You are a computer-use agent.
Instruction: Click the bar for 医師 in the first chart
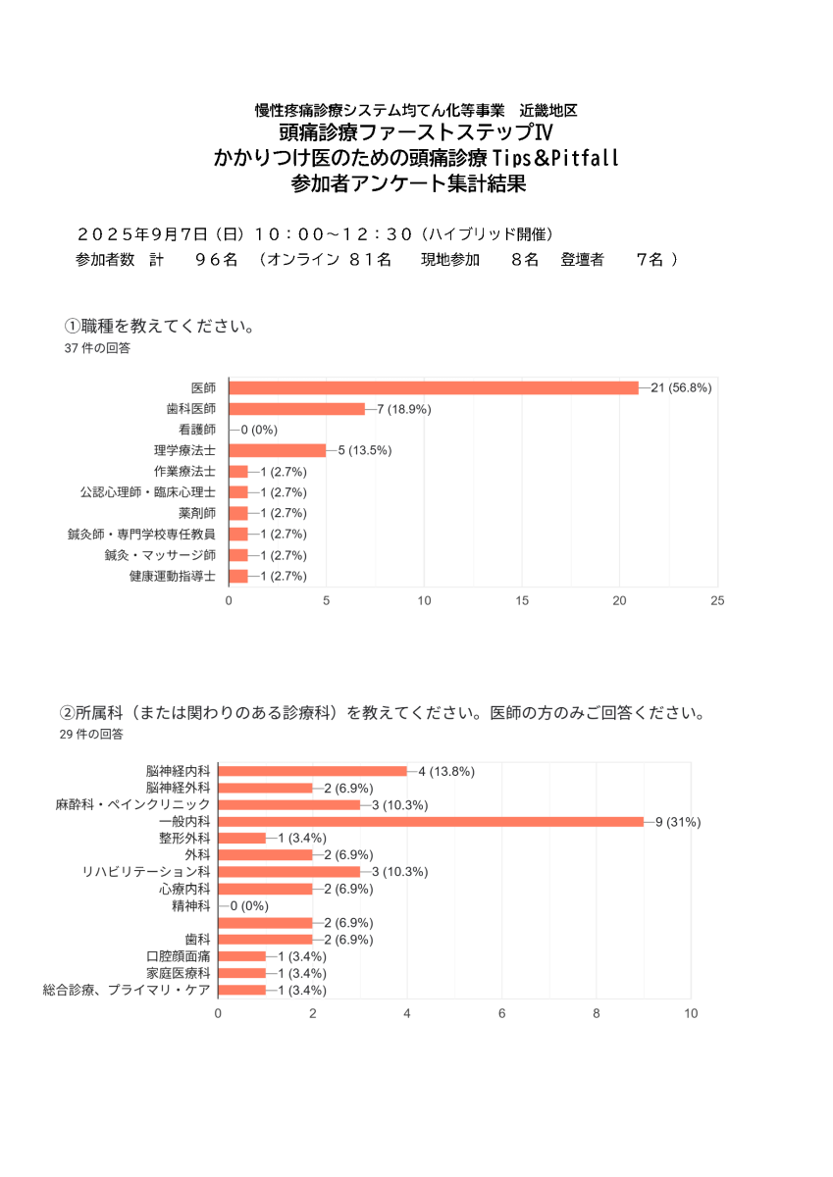434,387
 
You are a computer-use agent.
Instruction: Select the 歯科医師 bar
296,409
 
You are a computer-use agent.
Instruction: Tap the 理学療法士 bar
277,450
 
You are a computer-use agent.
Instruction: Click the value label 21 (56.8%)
681,387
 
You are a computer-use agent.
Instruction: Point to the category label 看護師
197,430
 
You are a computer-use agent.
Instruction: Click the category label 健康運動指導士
173,576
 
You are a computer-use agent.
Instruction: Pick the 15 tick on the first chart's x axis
522,601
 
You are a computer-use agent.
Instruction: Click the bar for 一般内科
431,821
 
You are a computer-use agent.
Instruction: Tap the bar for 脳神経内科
312,771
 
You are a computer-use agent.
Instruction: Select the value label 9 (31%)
678,822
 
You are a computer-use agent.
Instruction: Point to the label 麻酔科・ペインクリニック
132,804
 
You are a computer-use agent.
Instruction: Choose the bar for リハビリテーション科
288,871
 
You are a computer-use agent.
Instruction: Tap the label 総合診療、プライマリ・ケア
127,990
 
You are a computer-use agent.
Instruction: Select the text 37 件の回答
96,348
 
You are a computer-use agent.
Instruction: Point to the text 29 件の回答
91,733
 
